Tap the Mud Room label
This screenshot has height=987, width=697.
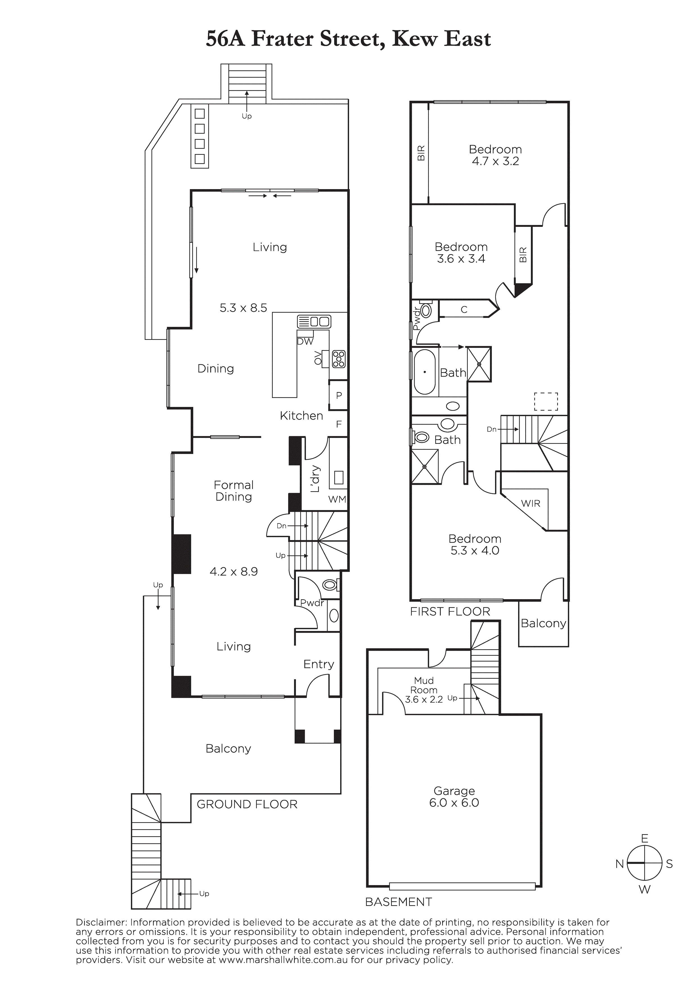click(424, 685)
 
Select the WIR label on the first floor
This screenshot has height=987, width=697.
click(531, 503)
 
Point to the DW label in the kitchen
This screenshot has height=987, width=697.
click(305, 342)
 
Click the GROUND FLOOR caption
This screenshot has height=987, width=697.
click(247, 804)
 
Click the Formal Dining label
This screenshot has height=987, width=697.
click(234, 491)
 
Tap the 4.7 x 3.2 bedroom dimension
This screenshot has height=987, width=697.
click(495, 161)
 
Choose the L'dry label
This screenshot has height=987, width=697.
click(315, 478)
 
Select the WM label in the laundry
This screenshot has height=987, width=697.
click(337, 499)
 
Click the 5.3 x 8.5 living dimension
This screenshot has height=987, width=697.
click(243, 308)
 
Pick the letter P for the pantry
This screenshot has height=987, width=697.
click(339, 395)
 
